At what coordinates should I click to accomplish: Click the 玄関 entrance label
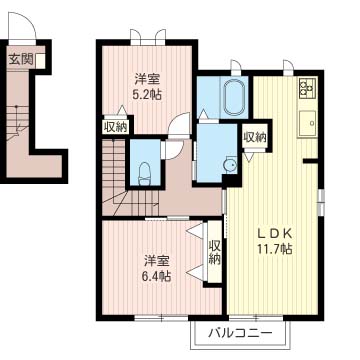coord(21,59)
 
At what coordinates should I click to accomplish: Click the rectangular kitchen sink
coord(306,126)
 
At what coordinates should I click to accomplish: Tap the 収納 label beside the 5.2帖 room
coord(114,126)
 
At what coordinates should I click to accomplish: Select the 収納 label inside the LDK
coord(254,137)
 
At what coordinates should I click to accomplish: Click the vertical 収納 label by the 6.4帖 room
coord(214,253)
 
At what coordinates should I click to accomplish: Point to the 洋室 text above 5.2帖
coord(149,78)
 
